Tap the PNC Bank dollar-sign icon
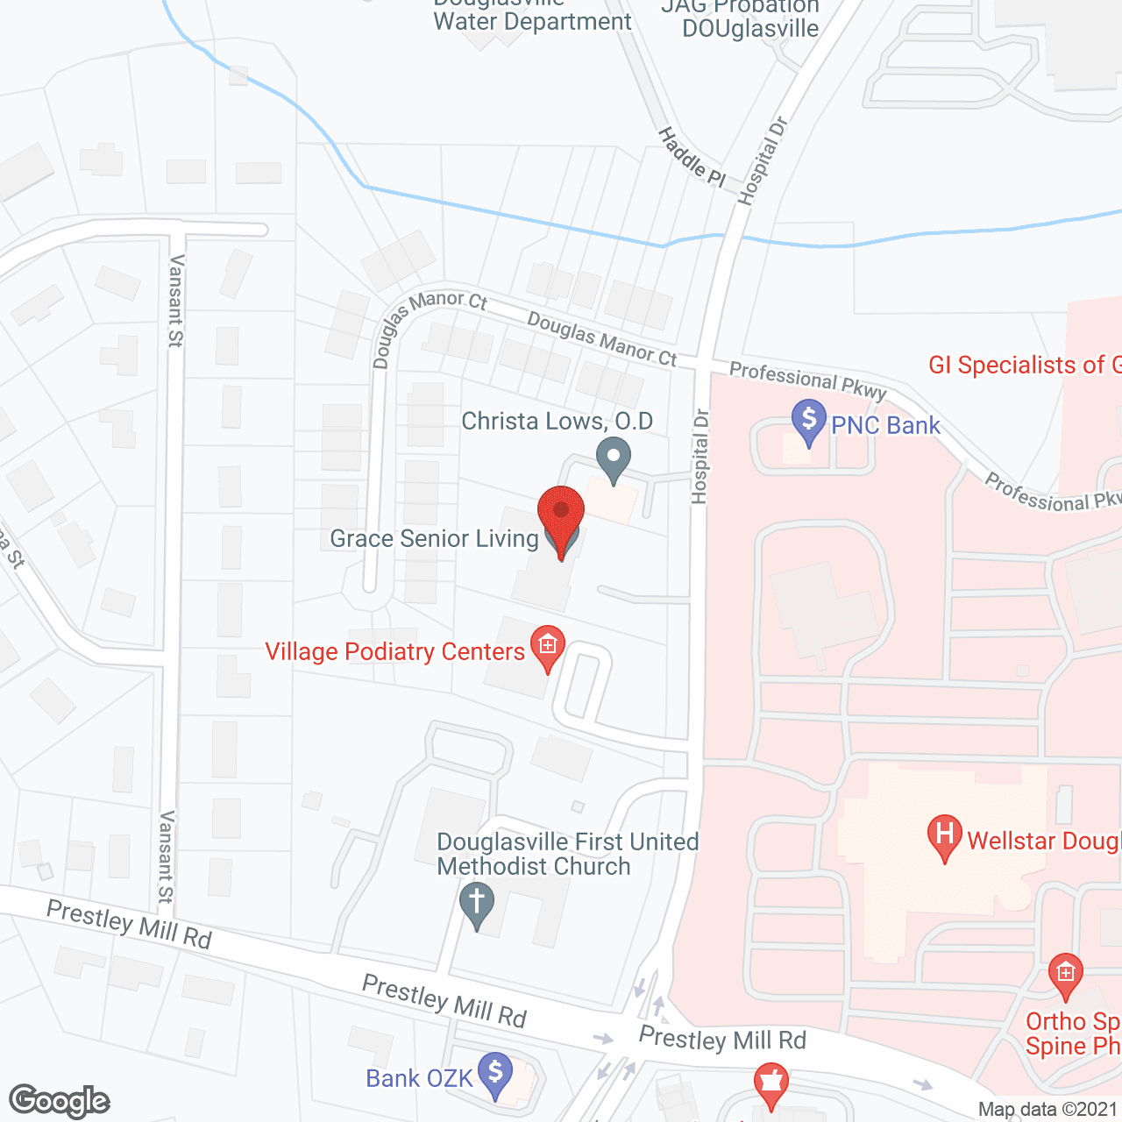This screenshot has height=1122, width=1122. (808, 421)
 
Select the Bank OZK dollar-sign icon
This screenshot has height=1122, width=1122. (495, 1073)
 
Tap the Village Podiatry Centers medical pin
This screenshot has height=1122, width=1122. (548, 647)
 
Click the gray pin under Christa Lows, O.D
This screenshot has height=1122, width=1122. (614, 458)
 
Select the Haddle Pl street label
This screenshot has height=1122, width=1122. (692, 157)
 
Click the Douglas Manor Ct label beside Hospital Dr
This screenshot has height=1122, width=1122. (602, 339)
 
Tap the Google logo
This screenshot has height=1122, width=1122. (60, 1101)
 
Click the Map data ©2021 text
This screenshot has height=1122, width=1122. (1047, 1110)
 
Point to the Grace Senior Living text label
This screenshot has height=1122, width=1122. (434, 538)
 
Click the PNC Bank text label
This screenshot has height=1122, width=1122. (885, 426)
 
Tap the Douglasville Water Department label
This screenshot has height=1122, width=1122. (532, 16)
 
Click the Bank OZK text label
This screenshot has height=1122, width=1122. (419, 1078)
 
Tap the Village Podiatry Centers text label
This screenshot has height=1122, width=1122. (394, 651)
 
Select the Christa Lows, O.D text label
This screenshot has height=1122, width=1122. (557, 422)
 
